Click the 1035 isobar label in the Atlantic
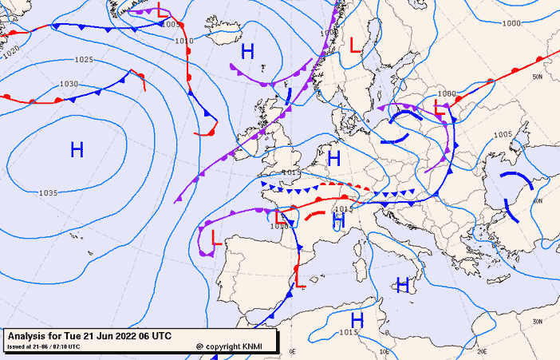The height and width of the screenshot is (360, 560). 48,193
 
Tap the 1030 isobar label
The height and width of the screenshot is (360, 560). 69,84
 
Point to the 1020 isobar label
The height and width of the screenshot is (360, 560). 10,49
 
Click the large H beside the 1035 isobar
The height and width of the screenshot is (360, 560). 77,149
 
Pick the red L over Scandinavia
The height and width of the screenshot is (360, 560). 355,45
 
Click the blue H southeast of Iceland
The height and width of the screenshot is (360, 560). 247,52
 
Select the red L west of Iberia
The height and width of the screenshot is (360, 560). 215,236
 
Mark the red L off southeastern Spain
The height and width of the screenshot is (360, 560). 300,281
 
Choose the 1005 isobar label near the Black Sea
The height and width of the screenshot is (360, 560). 503,134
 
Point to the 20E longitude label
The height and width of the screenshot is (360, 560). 482,350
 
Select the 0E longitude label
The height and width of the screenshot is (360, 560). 292,350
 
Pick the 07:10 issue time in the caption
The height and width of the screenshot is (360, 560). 67,346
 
